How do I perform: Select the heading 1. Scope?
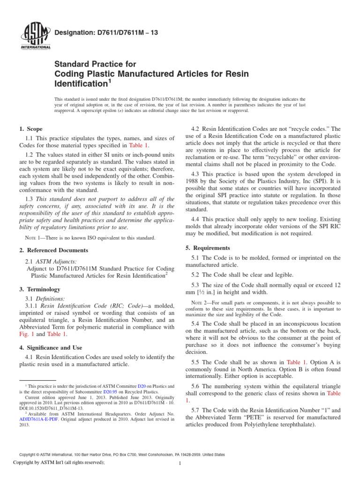pyautogui.click(x=31, y=129)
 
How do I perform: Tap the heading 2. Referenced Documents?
pyautogui.click(x=51, y=250)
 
